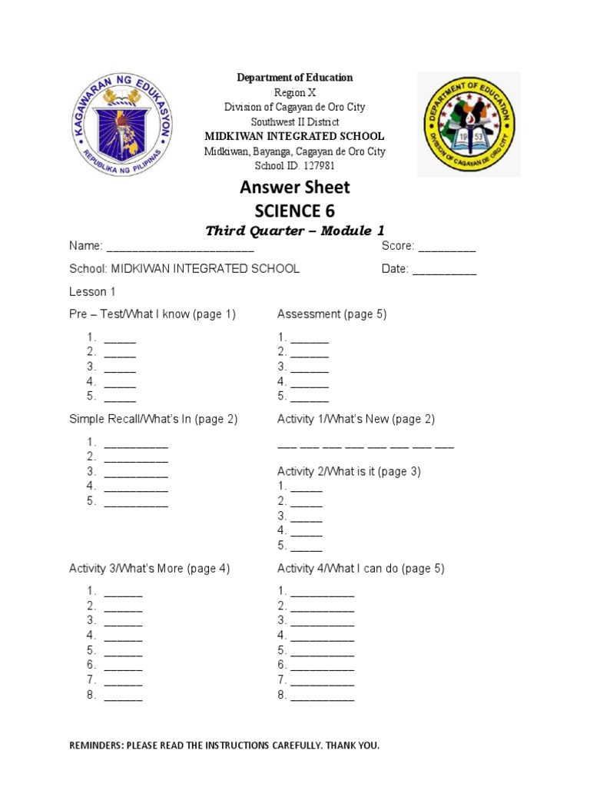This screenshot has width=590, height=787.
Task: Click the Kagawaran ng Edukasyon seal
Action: coord(121,124)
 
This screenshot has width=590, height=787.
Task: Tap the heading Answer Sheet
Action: coord(295,187)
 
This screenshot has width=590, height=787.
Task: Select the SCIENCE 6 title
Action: coord(295,211)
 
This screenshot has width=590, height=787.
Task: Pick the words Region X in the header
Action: coord(295,92)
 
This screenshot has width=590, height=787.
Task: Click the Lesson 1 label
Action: coord(92,292)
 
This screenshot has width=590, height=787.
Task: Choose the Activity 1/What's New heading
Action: coord(356,420)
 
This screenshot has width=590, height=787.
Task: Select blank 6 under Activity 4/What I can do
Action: coord(323,666)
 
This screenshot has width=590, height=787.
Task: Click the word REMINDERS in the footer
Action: coord(96,745)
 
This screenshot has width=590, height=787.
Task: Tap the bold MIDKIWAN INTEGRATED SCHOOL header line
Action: coord(294,136)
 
